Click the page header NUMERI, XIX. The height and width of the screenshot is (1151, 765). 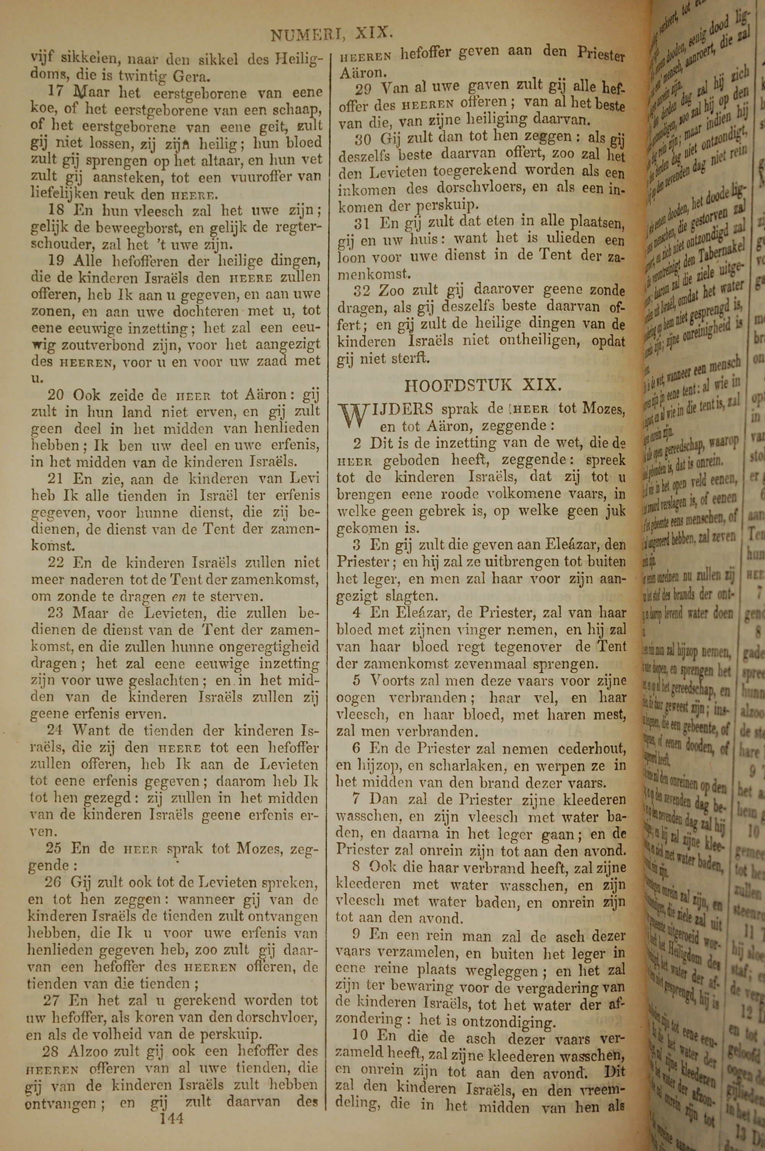click(x=332, y=34)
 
